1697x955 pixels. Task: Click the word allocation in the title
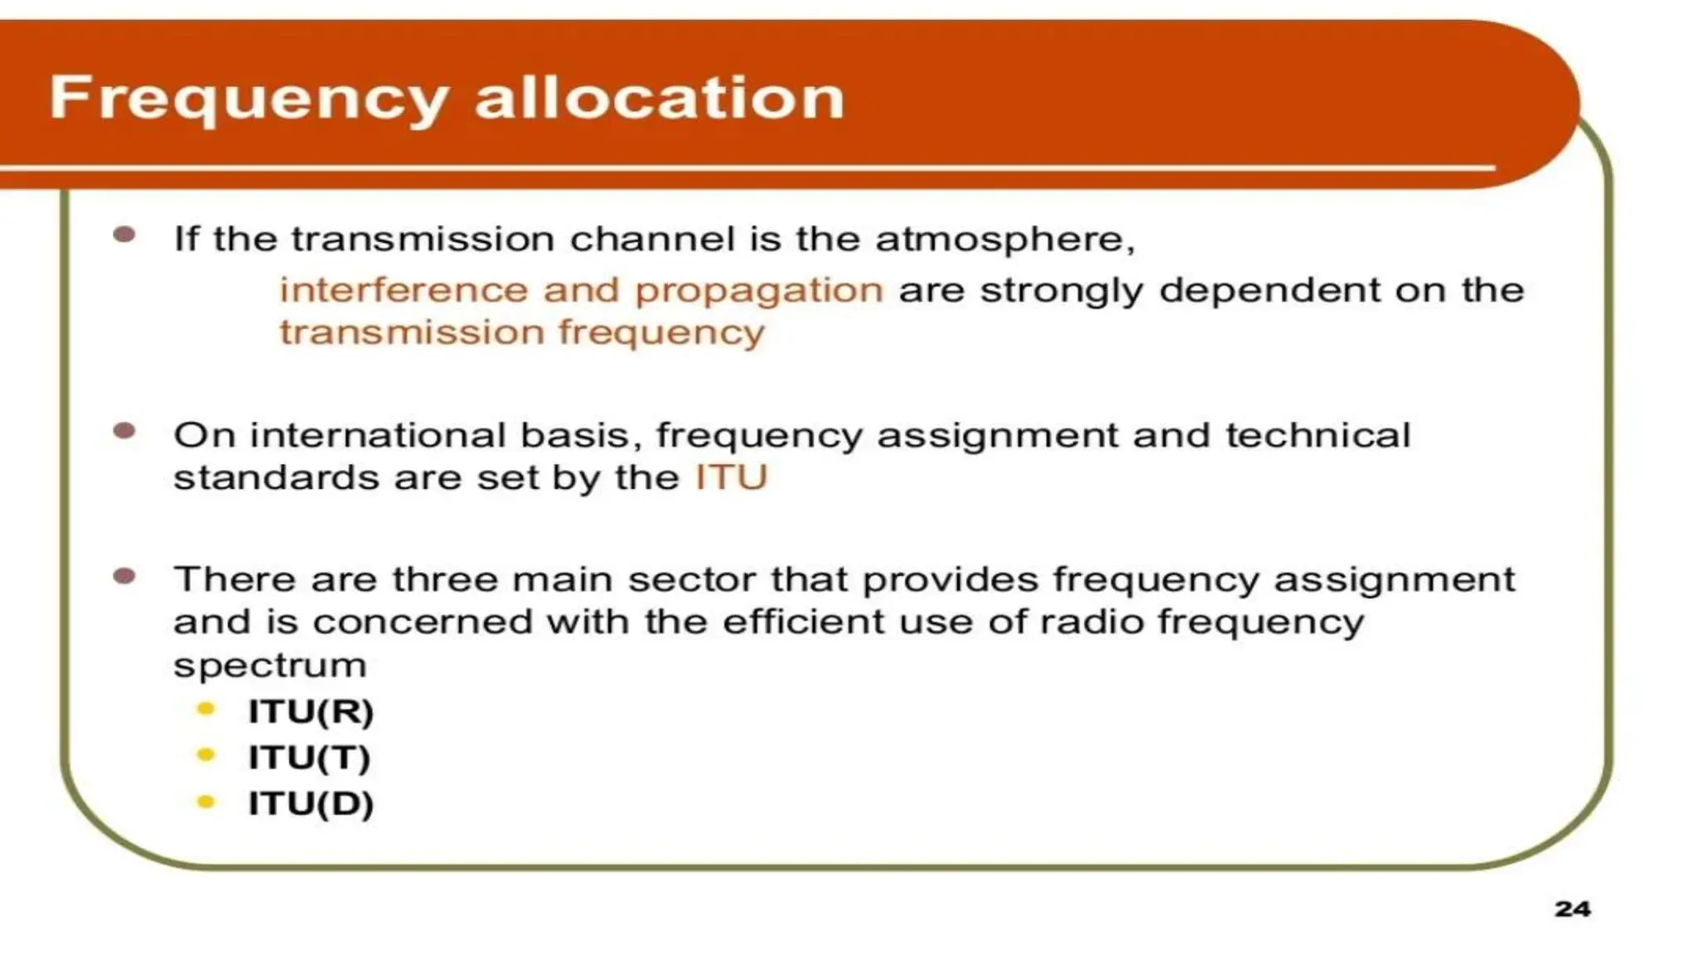[x=659, y=98]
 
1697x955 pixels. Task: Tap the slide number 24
[x=1572, y=909]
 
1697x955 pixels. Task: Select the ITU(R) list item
[x=311, y=711]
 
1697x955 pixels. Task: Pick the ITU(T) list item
[x=309, y=757]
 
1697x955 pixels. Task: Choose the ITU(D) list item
[x=311, y=802]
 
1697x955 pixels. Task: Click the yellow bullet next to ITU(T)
[x=206, y=754]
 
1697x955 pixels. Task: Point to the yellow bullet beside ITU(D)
[x=206, y=801]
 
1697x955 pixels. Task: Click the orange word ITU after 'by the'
[x=731, y=477]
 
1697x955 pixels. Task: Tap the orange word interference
[x=404, y=290]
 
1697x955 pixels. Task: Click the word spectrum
[x=270, y=666]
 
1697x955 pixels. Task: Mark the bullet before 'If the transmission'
[x=124, y=235]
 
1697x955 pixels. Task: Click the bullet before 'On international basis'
[x=124, y=431]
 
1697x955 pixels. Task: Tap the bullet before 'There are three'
[x=124, y=576]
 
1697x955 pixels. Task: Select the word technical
[x=1317, y=435]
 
